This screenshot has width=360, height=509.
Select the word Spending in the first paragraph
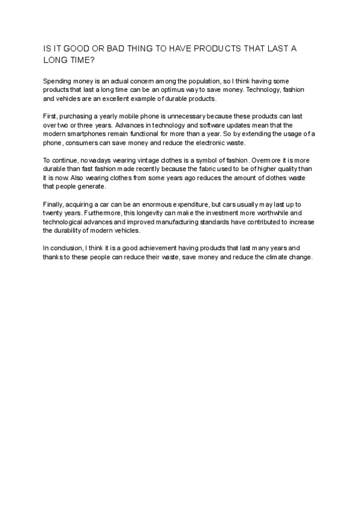click(x=57, y=80)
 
